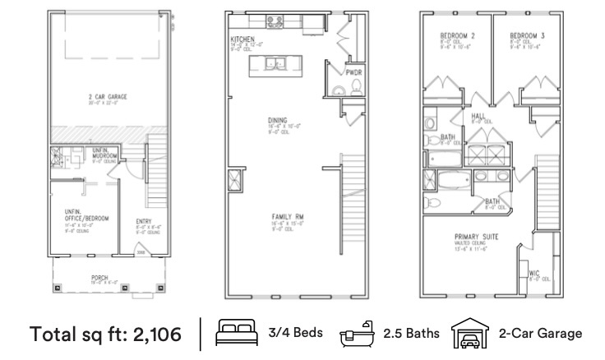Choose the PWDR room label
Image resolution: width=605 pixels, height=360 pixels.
tap(353, 73)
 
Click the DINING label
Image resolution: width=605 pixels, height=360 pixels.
tap(277, 121)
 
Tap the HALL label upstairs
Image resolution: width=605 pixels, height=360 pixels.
tap(478, 116)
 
